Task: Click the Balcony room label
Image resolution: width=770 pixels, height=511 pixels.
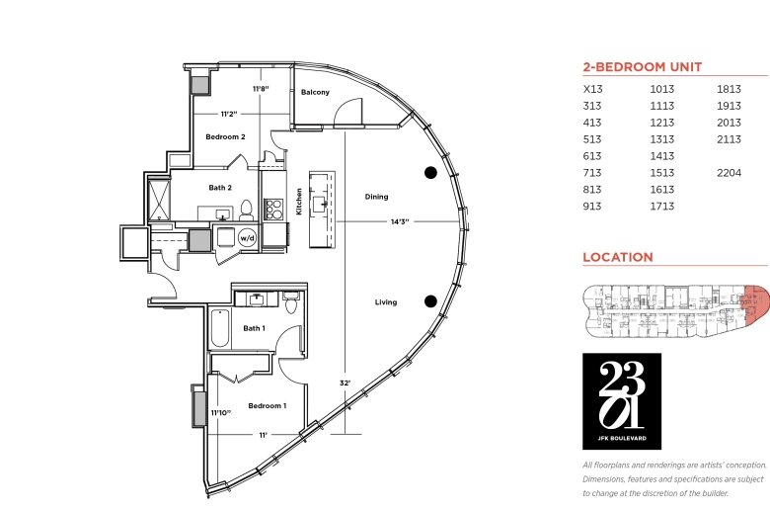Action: [x=315, y=92]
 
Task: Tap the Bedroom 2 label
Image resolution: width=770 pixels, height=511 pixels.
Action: [x=225, y=136]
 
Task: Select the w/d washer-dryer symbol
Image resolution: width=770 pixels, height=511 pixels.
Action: [x=247, y=238]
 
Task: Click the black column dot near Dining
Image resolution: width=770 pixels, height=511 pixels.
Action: [x=430, y=173]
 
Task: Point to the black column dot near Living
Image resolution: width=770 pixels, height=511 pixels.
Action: [x=430, y=301]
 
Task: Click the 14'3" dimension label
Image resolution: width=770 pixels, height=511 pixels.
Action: [x=400, y=221]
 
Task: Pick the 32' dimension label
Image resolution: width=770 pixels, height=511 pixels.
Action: [x=346, y=383]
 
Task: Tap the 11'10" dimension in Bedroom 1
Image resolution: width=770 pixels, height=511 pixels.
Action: [x=221, y=412]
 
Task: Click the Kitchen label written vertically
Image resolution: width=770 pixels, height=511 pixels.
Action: [x=298, y=202]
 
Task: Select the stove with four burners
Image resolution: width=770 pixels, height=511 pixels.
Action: [x=273, y=210]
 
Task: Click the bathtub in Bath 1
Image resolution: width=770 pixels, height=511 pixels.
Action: [x=219, y=328]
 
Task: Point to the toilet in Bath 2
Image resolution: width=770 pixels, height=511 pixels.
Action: [x=246, y=211]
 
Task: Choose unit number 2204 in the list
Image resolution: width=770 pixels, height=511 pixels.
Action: [x=729, y=173]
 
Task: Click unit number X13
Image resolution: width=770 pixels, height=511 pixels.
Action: [x=592, y=89]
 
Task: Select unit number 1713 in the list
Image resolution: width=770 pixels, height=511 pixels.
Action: [x=662, y=206]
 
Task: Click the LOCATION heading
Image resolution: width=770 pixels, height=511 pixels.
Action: [x=618, y=257]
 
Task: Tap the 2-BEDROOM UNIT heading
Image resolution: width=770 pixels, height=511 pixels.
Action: [x=643, y=67]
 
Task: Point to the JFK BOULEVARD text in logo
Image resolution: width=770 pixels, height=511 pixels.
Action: [x=622, y=438]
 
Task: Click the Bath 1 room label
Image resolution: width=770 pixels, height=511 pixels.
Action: [x=254, y=328]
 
